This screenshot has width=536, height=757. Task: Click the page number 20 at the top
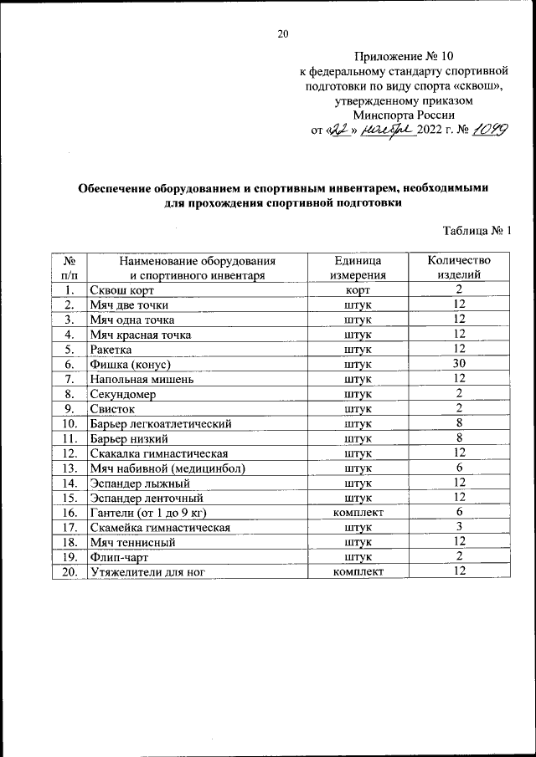pos(282,33)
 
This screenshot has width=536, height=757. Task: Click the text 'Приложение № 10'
pos(404,57)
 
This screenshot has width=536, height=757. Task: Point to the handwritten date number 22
pos(338,130)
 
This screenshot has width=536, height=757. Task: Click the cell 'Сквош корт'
pos(120,289)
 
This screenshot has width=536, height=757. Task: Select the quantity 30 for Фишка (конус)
pos(459,364)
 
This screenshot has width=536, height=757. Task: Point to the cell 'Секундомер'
pos(123,393)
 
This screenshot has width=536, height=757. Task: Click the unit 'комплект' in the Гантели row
pos(358,512)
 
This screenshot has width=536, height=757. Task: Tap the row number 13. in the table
pos(70,468)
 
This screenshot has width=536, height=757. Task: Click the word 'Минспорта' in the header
pos(380,115)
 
